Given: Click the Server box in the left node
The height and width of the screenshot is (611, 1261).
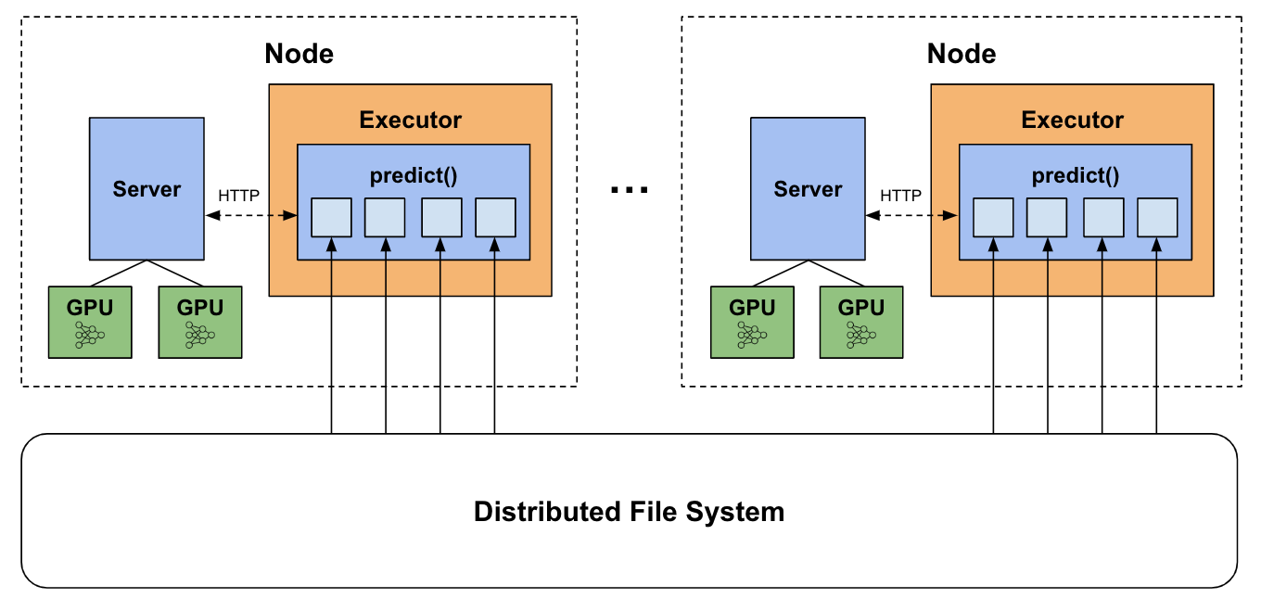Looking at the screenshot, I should tap(146, 188).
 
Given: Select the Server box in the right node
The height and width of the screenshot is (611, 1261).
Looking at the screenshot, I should tap(808, 188).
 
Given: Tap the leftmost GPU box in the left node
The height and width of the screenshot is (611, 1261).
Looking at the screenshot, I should tap(90, 322).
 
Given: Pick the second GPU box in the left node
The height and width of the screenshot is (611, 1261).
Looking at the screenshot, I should tap(199, 322).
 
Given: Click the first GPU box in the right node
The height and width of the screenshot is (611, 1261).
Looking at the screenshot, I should tap(752, 322).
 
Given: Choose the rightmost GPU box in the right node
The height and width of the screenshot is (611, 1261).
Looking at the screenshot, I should tap(861, 322).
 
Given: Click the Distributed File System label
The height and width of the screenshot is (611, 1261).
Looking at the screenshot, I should tap(629, 512).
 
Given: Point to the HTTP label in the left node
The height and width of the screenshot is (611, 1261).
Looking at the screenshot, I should tap(238, 196).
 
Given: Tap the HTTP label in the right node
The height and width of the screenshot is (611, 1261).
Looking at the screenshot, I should tap(900, 196).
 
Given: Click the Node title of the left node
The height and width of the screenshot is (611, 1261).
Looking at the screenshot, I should tap(299, 54).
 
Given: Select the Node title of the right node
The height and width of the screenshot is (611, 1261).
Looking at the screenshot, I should tap(962, 54).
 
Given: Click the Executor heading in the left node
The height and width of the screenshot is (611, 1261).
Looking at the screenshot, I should tap(410, 120).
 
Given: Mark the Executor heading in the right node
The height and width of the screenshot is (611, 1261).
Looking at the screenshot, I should tap(1072, 120).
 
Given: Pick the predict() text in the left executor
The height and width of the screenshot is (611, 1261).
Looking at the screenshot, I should tap(413, 175).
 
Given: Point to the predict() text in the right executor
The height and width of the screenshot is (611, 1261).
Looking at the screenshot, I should tap(1076, 175).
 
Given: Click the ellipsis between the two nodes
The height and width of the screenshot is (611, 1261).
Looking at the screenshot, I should tap(630, 191).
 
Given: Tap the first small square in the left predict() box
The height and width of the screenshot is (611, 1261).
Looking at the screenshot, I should tap(331, 217).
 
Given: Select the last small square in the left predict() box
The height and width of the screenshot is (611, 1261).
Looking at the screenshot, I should tap(495, 217).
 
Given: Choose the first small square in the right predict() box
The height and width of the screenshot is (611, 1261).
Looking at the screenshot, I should tap(993, 217).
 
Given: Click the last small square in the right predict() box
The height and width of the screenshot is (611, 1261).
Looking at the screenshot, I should tap(1157, 217).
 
